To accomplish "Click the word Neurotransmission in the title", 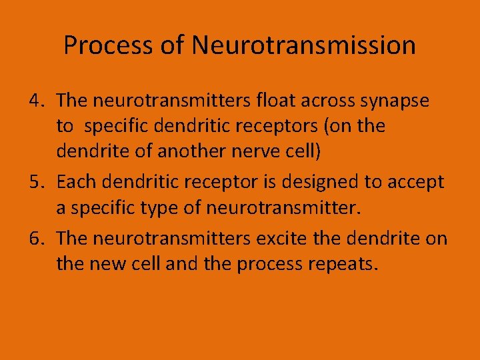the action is click(303, 46).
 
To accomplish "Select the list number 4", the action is click(36, 101).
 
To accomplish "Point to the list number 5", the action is click(36, 182).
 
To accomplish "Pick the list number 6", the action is click(36, 238).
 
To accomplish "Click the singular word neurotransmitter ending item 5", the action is click(283, 207).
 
